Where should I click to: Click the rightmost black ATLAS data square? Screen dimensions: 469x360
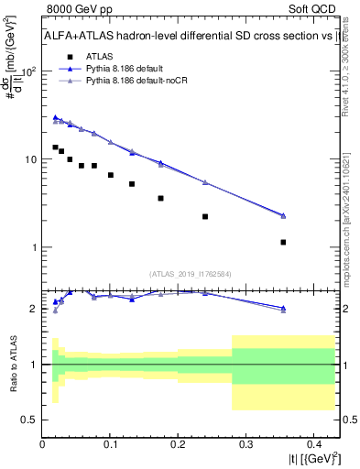pyautogui.click(x=283, y=243)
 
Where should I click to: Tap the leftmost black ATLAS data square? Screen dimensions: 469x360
pyautogui.click(x=55, y=147)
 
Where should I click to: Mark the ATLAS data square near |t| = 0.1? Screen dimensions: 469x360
pyautogui.click(x=111, y=175)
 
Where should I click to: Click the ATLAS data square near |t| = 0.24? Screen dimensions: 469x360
pyautogui.click(x=205, y=217)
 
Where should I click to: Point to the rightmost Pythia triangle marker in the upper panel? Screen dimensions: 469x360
pyautogui.click(x=283, y=216)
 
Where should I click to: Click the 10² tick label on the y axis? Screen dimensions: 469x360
pyautogui.click(x=29, y=71)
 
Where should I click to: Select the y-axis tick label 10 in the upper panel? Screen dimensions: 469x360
pyautogui.click(x=30, y=159)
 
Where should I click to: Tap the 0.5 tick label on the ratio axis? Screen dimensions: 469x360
pyautogui.click(x=29, y=420)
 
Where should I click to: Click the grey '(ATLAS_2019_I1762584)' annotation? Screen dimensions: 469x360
pyautogui.click(x=191, y=273)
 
